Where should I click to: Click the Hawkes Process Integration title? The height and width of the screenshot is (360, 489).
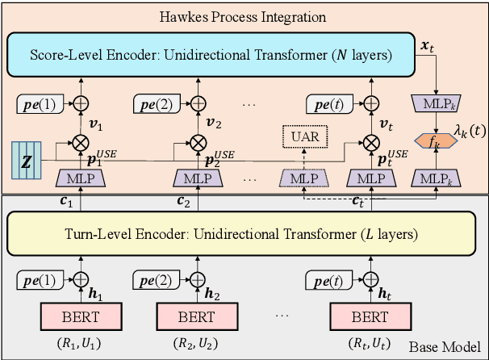(x=244, y=17)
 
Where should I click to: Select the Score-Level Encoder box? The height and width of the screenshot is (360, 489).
(x=210, y=57)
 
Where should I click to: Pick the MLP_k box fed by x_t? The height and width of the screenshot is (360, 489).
(x=437, y=103)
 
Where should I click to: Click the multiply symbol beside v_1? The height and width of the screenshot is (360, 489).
(x=80, y=143)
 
